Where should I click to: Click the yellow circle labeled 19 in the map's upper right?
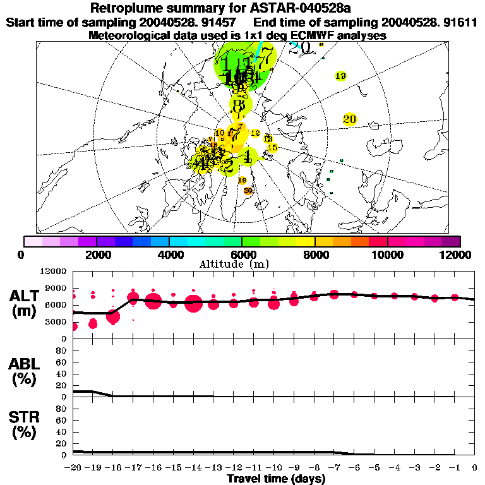(340, 76)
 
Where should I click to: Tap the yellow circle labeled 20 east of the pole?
(350, 119)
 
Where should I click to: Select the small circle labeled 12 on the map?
(255, 133)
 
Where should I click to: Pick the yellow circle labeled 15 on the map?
(272, 148)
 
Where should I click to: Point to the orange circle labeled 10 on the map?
(220, 133)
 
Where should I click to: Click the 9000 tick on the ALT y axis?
(56, 288)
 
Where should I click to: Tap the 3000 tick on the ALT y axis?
(56, 322)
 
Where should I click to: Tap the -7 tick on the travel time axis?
(334, 467)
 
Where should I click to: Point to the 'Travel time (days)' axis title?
(276, 479)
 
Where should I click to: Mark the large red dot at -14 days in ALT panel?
(194, 304)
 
